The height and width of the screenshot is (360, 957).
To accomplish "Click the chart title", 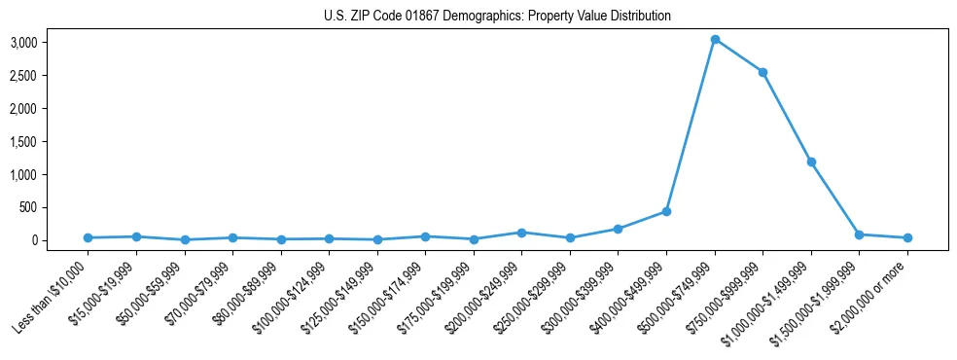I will (497, 16).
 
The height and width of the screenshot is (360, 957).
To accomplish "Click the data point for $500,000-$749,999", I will (715, 40).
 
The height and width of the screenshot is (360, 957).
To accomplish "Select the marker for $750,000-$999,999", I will (762, 72).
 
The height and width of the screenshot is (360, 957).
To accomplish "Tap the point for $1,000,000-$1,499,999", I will (811, 162).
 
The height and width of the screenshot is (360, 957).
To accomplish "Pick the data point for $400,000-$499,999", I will (666, 211).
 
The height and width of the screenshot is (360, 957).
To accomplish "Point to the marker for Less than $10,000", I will (89, 237).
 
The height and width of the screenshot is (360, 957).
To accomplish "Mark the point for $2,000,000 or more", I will (907, 237).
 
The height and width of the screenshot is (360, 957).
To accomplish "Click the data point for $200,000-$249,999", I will (522, 233).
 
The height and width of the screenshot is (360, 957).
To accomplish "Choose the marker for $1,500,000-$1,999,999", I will (859, 234).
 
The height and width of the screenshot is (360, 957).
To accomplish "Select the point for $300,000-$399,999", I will (619, 229).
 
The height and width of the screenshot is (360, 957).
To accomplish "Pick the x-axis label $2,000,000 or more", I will (874, 296).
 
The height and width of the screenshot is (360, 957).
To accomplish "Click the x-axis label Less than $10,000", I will (52, 298).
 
